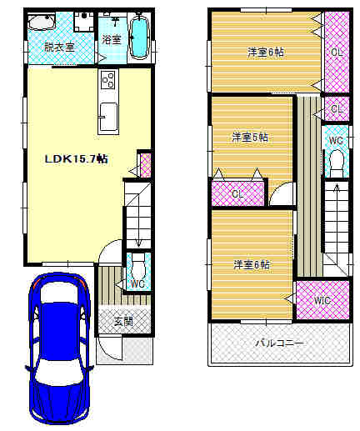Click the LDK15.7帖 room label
(77, 159)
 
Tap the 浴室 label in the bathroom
(112, 39)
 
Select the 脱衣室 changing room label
(59, 47)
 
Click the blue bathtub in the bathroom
(139, 38)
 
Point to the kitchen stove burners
(108, 80)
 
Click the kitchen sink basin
(108, 117)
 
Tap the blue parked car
(59, 348)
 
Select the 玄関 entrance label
(123, 322)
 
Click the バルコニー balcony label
(279, 343)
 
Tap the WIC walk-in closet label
(322, 300)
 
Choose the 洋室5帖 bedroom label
(250, 137)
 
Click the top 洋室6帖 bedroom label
(266, 53)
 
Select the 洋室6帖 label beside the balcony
(252, 264)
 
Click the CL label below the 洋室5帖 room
(237, 193)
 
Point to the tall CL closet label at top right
(337, 52)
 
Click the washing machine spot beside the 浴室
(84, 22)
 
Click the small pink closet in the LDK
(145, 165)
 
